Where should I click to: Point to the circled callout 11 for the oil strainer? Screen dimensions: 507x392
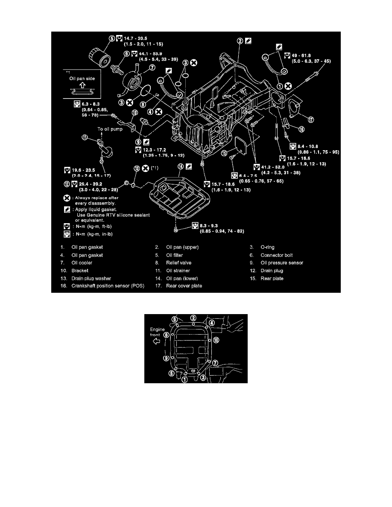85,137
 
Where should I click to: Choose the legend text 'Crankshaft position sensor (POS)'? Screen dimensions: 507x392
108,286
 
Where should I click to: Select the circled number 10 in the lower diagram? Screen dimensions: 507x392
216,340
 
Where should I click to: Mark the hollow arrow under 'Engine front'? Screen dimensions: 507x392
156,341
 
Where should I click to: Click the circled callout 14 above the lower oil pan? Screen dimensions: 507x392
181,167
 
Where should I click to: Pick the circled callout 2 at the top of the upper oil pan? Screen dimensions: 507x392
240,41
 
